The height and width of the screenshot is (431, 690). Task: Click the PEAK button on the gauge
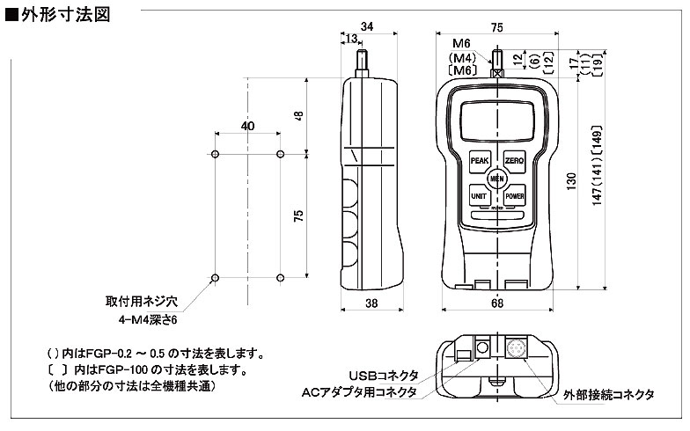click(x=480, y=161)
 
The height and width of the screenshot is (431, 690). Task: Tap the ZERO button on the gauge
click(x=514, y=161)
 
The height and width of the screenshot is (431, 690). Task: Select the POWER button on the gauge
click(x=514, y=195)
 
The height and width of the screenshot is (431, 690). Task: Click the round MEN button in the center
click(x=496, y=178)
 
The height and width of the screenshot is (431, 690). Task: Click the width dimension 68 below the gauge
click(x=497, y=303)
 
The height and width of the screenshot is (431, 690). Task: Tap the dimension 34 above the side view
click(x=367, y=27)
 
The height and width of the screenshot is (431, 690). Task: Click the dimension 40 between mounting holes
click(x=247, y=127)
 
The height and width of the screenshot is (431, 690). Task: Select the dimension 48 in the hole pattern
click(x=298, y=115)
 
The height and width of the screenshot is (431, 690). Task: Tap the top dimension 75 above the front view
click(x=497, y=27)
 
